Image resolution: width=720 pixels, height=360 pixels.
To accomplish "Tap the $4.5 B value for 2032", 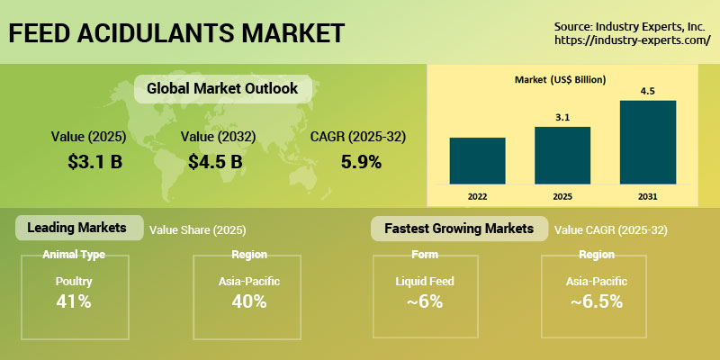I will coord(215,162).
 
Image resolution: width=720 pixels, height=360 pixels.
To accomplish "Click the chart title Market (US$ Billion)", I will coord(560,80).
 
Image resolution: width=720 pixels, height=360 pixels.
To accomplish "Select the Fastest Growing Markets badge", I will coord(458,229).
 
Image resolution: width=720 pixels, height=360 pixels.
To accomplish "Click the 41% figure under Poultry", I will coord(73,301).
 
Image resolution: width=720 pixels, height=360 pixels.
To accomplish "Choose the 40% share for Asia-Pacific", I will coord(247,301).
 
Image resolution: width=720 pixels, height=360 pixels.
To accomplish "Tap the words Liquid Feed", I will coord(424,281).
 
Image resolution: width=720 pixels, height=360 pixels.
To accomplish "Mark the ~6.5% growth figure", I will coord(597,301).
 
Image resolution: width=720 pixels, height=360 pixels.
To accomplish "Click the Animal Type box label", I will coord(74,255).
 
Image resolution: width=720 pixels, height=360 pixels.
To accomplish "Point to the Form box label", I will coord(424,255).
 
